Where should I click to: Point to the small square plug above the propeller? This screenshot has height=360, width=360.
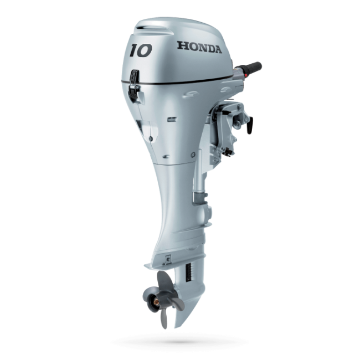(167, 258)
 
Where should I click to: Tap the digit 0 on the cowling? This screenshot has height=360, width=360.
(146, 52)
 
